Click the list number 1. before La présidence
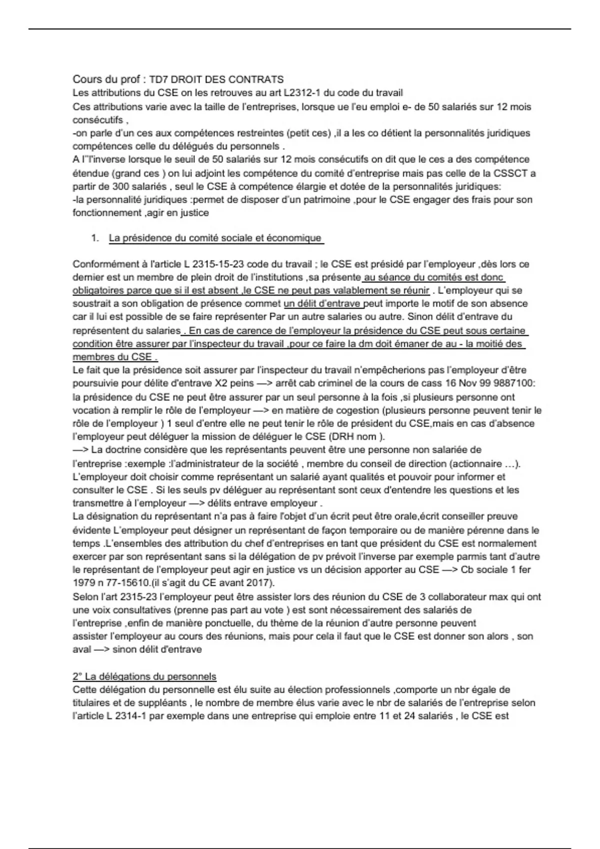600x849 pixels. click(95, 238)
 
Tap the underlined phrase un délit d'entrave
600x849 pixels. click(323, 304)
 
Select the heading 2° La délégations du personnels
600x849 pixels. click(144, 677)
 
